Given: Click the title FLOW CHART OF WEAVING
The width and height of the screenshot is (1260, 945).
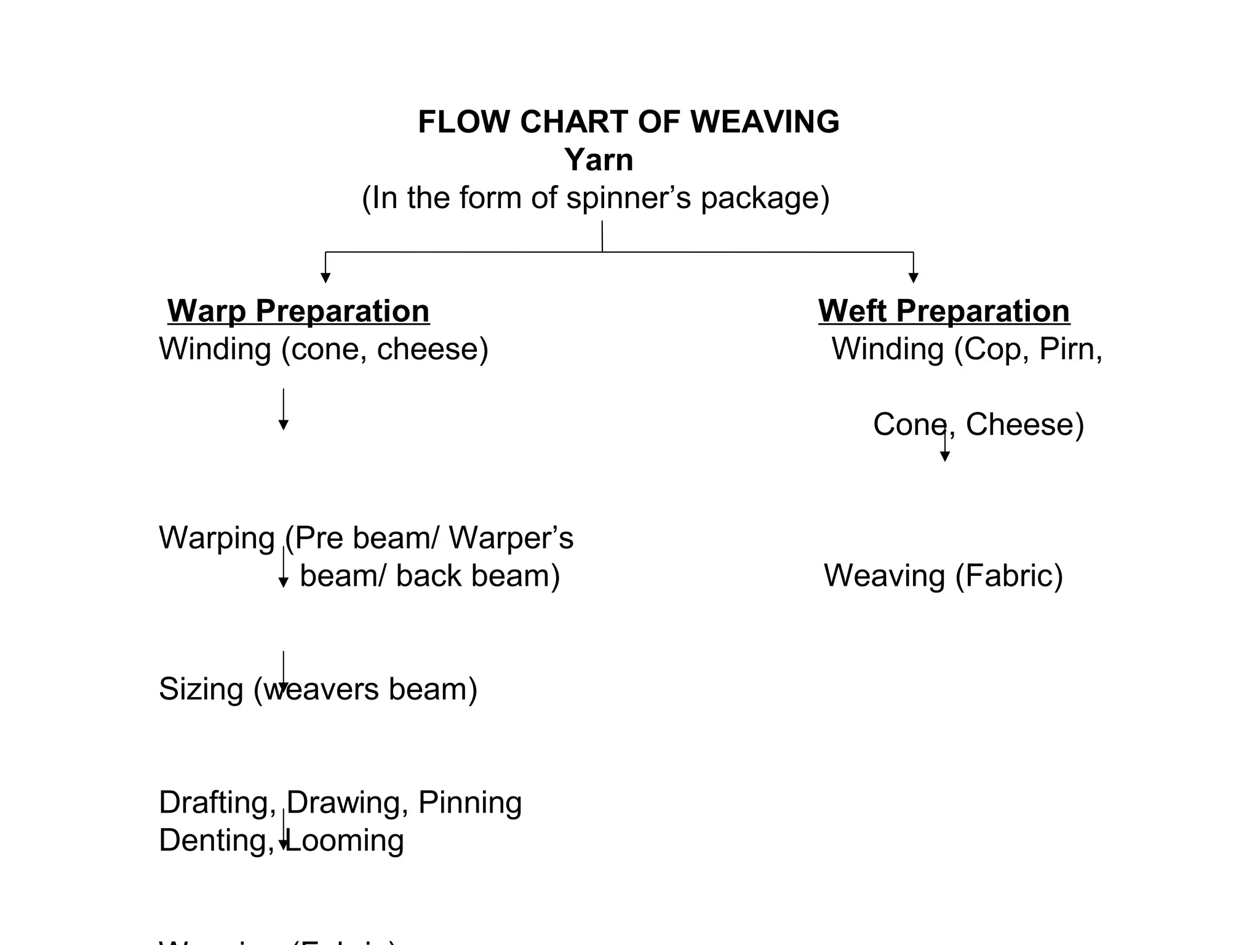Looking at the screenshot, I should click(628, 122).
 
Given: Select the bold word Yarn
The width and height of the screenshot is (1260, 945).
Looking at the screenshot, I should click(598, 160).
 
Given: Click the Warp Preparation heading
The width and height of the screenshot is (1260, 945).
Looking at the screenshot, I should click(298, 311).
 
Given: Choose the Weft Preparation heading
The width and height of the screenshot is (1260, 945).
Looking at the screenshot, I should click(944, 311).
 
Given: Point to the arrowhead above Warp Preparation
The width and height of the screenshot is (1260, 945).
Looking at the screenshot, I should click(325, 277).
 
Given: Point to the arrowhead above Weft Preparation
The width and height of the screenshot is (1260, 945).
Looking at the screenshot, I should click(914, 277).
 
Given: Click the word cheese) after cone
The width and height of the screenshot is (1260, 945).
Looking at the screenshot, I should click(433, 349).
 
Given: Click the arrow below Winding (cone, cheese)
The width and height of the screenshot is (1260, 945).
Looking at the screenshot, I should click(283, 409).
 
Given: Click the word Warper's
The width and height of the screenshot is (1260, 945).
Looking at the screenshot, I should click(511, 538).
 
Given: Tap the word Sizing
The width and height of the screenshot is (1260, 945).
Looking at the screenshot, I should click(201, 689).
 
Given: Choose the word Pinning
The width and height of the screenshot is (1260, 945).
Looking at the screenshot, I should click(470, 803).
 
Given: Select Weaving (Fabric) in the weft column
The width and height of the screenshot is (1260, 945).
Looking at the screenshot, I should click(943, 576).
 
